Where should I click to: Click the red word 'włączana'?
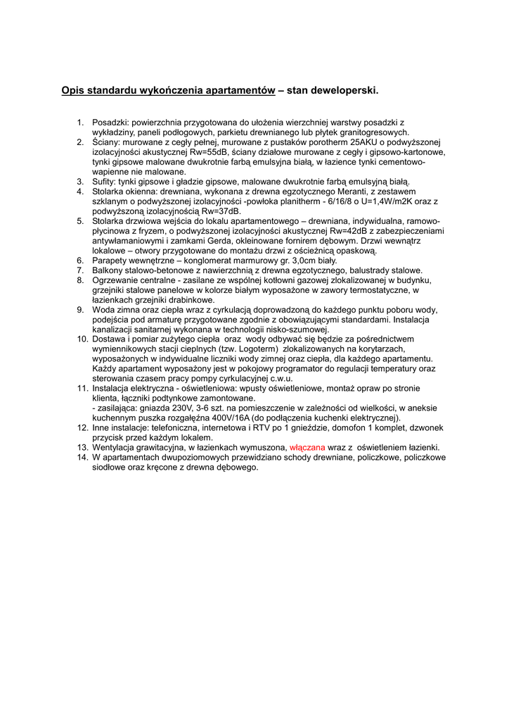point(307,447)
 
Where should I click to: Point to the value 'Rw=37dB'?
point(221,211)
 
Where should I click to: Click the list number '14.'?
point(81,457)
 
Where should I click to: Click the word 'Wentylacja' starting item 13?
point(116,447)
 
